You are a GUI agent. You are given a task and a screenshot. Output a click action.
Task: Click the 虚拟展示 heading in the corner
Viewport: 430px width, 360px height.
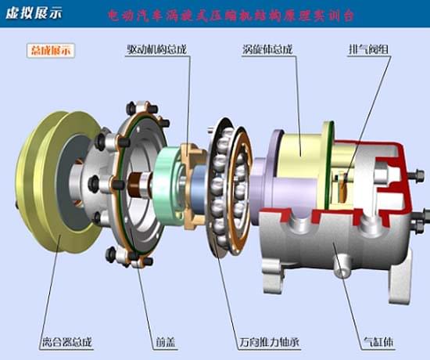34,13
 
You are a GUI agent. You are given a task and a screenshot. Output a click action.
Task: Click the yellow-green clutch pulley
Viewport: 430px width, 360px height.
47,188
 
